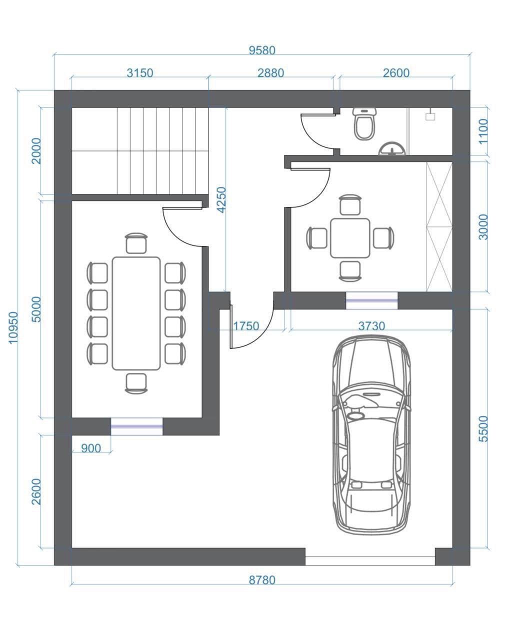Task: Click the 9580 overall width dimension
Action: pos(261,50)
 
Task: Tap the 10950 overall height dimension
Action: pos(13,327)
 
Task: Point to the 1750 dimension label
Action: pos(245,326)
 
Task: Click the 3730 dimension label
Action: pos(371,326)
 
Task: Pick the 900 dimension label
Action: pos(90,448)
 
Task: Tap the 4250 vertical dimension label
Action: pos(221,200)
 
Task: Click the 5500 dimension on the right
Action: pos(483,429)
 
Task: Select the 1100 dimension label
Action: pos(483,131)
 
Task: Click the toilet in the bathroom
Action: pos(364,123)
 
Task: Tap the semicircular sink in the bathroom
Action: pos(391,148)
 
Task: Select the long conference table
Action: pos(136,313)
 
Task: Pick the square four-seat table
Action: pos(350,238)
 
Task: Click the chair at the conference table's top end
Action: pos(136,243)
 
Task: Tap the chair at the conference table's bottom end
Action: pos(136,383)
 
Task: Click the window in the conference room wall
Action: pos(137,426)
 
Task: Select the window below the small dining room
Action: pos(372,300)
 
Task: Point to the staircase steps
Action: pos(140,151)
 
